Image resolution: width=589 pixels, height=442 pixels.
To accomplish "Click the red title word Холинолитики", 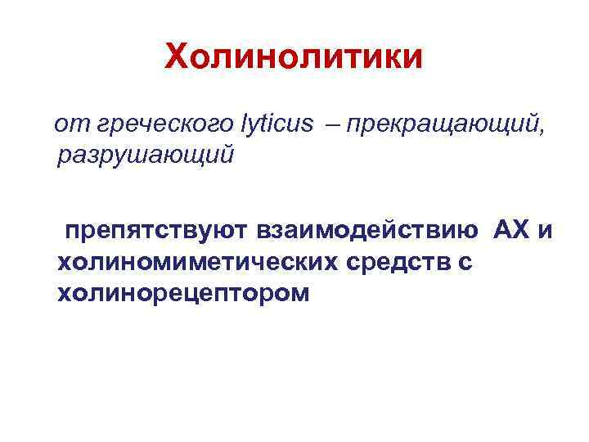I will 294,57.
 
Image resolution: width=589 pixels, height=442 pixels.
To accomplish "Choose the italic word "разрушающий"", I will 146,153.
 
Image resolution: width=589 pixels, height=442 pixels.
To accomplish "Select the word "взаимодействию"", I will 369,232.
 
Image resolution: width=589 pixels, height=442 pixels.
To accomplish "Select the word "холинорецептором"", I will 184,292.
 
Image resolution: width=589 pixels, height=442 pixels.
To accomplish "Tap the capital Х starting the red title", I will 177,57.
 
